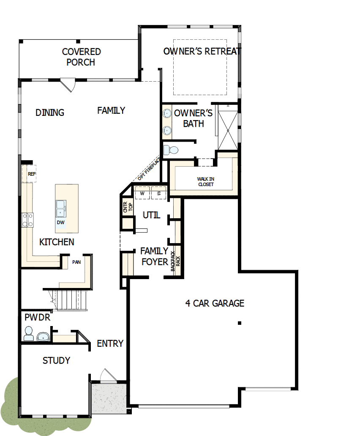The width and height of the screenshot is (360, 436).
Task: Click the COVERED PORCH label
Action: [x=81, y=57]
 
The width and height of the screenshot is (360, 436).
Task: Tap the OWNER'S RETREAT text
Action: [x=202, y=52]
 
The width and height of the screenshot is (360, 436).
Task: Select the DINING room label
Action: [x=50, y=112]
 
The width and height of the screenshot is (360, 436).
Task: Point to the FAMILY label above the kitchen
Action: [x=111, y=110]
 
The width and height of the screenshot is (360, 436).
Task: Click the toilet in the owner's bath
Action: [x=171, y=150]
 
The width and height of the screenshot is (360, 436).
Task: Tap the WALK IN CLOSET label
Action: [x=205, y=181]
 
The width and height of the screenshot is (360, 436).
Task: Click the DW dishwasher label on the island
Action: [x=61, y=222]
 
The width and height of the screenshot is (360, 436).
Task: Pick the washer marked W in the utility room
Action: [x=142, y=194]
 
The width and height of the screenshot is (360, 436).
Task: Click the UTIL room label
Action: [x=151, y=215]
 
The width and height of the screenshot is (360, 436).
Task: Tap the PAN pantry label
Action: [x=76, y=262]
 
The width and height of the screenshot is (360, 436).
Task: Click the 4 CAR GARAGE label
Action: [x=215, y=303]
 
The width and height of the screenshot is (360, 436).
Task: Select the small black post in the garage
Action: [x=239, y=323]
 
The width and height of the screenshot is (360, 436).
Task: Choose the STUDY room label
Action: [x=56, y=361]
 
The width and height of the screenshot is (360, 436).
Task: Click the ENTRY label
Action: [x=110, y=343]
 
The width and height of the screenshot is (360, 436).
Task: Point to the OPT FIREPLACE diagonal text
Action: [x=148, y=170]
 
